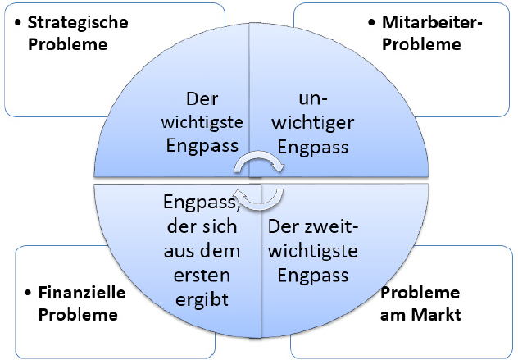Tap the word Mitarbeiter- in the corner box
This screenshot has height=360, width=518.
pyautogui.click(x=432, y=22)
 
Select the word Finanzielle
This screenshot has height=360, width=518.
pyautogui.click(x=82, y=293)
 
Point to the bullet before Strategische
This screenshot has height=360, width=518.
pyautogui.click(x=18, y=23)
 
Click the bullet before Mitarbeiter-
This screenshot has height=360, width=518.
pyautogui.click(x=371, y=23)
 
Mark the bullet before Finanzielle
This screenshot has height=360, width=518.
pyautogui.click(x=29, y=293)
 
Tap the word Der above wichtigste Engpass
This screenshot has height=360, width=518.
pyautogui.click(x=202, y=99)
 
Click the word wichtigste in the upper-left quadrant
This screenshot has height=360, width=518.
pyautogui.click(x=202, y=122)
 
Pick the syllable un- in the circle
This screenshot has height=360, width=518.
pyautogui.click(x=313, y=99)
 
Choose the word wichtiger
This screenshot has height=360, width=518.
pyautogui.click(x=313, y=123)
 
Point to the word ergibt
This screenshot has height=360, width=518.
pyautogui.click(x=202, y=300)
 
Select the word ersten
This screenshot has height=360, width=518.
pyautogui.click(x=202, y=276)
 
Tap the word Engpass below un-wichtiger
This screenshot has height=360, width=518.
pyautogui.click(x=313, y=147)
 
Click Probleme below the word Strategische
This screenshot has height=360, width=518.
pyautogui.click(x=68, y=44)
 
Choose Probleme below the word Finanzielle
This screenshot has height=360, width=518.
pyautogui.click(x=78, y=314)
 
